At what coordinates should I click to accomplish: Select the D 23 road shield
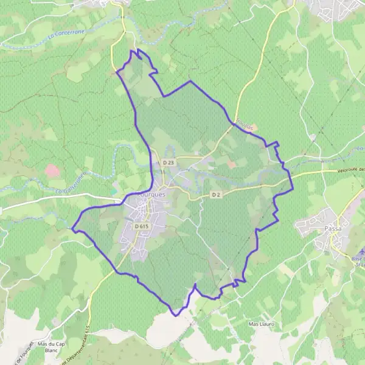pos(169,162)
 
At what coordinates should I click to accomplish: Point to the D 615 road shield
pos(141,226)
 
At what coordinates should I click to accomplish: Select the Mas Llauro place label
pos(262,324)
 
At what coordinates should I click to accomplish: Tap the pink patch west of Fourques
pos(52,170)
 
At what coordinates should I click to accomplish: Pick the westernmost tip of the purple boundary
pos(71,229)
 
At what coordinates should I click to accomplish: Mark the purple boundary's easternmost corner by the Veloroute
pos(293,187)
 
